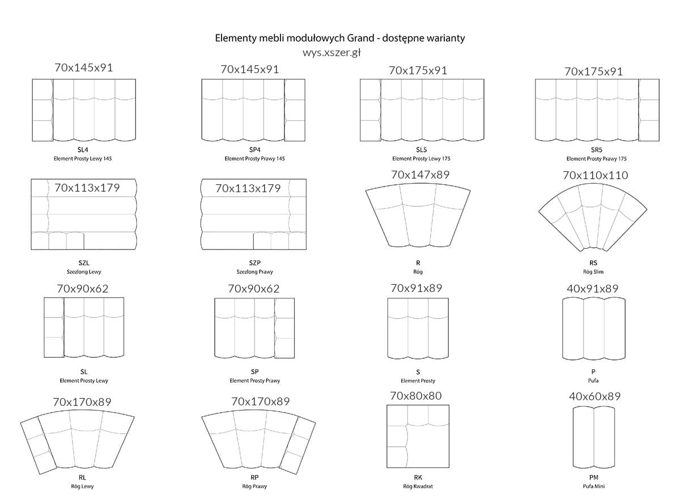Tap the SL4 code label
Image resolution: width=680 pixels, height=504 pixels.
tap(83, 150)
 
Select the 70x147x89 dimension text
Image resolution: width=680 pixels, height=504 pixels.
tap(420, 175)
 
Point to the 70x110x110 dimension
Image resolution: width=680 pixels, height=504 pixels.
tap(595, 175)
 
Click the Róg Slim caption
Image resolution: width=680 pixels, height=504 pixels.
tap(593, 272)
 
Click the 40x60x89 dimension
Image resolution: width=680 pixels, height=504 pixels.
tap(594, 396)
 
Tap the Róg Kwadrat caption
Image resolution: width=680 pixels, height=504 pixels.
tap(418, 486)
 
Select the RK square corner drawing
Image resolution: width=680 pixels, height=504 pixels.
tap(418, 434)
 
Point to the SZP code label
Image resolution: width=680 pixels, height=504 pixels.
tap(254, 263)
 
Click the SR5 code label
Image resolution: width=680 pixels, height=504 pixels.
tap(596, 150)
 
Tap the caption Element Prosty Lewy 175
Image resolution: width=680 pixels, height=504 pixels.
tap(421, 159)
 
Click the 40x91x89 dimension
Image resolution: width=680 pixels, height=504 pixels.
tap(592, 289)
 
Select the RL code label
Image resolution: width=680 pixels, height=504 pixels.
tap(82, 478)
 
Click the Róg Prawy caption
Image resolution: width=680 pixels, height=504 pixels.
tap(254, 486)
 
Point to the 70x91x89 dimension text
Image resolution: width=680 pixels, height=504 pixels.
tap(416, 288)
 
